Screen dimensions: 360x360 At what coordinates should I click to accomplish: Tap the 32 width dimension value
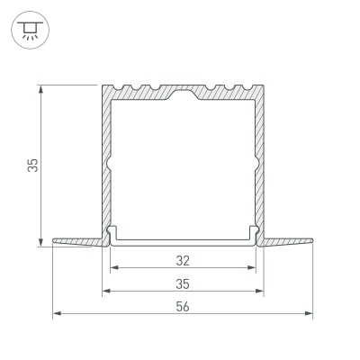(x=183, y=262)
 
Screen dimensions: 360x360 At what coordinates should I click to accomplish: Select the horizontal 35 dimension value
(x=183, y=284)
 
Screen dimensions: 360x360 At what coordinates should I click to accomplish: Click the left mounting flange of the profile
(x=76, y=241)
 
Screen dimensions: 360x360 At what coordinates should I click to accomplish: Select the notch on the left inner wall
(x=110, y=166)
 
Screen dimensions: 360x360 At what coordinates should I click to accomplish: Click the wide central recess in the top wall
(x=183, y=93)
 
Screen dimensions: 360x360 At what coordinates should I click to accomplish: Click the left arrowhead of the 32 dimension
(x=113, y=269)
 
